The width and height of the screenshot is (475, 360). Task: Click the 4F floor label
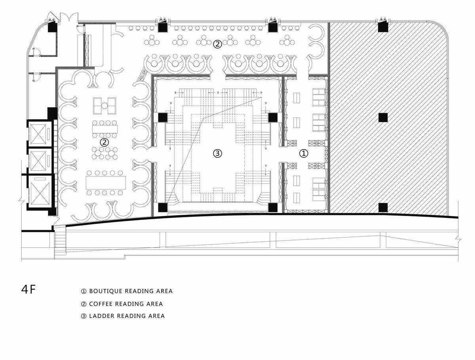click(x=28, y=290)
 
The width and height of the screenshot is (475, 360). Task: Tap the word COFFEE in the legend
click(x=101, y=304)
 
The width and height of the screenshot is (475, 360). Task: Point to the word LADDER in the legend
click(x=101, y=316)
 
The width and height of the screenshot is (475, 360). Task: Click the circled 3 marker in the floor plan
click(x=217, y=153)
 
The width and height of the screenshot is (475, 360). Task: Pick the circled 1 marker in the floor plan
click(x=303, y=153)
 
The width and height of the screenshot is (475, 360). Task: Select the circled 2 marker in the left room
click(x=104, y=142)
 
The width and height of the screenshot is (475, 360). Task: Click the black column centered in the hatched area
click(x=383, y=117)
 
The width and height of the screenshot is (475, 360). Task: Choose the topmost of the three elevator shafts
click(x=38, y=134)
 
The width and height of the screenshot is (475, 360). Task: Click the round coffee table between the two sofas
click(x=104, y=106)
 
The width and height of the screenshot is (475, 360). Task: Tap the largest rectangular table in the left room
click(x=106, y=183)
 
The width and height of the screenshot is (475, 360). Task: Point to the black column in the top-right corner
click(x=383, y=27)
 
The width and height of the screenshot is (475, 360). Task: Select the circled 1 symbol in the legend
click(x=84, y=291)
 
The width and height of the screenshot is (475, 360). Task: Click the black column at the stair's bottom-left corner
click(x=163, y=208)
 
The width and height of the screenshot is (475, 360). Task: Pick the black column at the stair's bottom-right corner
click(x=273, y=208)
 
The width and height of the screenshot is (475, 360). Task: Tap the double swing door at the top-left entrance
click(x=69, y=17)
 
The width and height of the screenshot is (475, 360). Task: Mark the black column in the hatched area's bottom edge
click(x=383, y=208)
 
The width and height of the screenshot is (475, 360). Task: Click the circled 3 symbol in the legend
click(x=84, y=316)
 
